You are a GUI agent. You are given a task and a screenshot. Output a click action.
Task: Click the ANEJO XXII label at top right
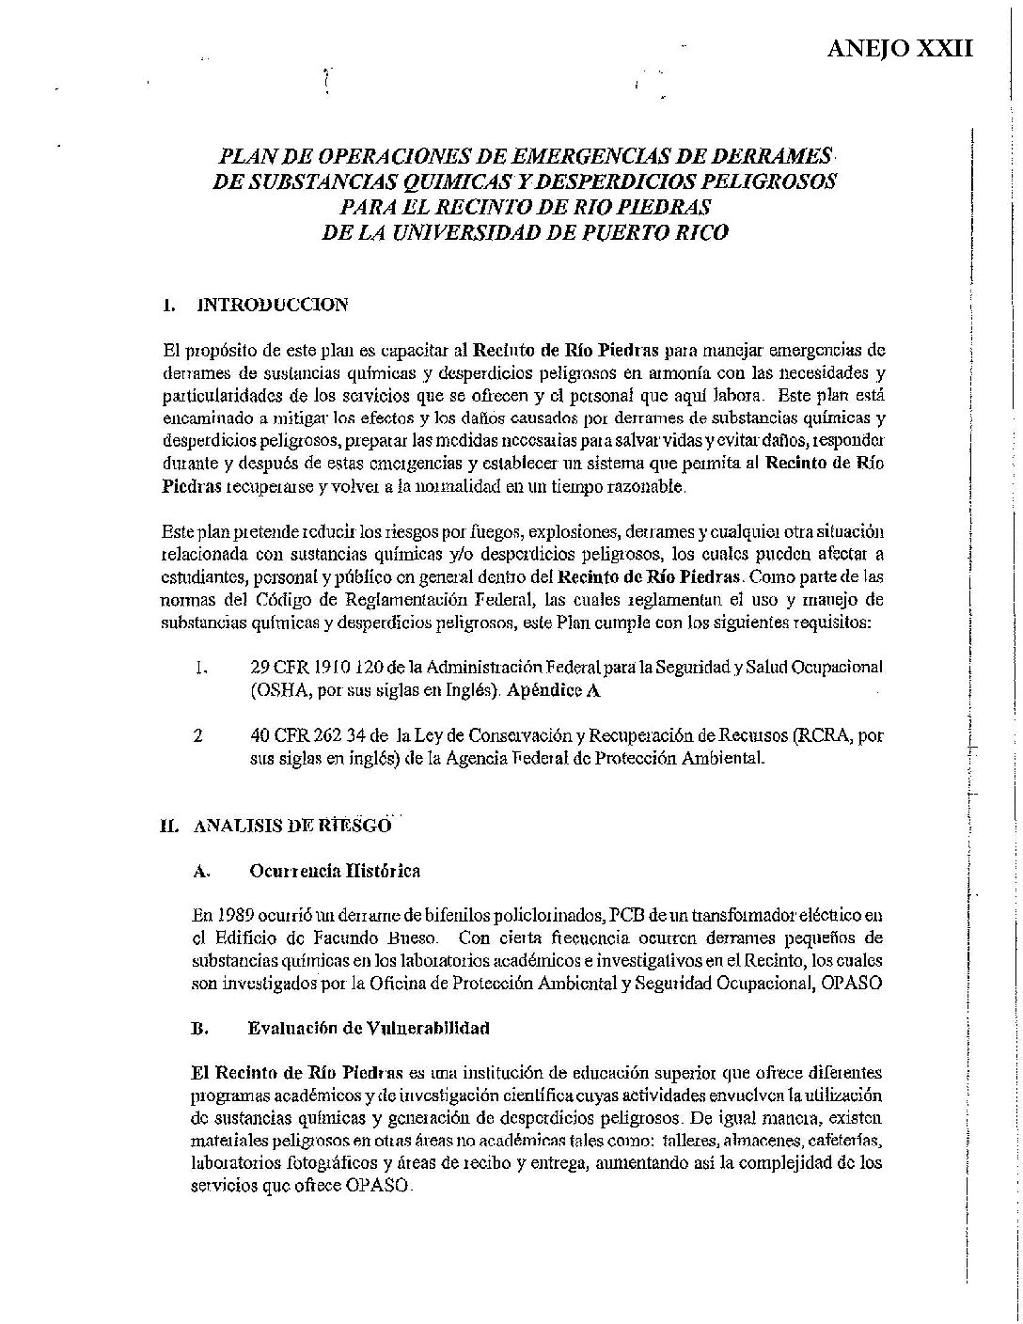[x=899, y=48]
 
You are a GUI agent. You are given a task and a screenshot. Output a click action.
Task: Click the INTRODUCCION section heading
[x=271, y=305]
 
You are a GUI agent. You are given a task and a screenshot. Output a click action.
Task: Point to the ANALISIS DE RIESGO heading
[x=291, y=827]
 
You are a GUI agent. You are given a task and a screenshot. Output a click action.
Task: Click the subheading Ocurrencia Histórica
[x=335, y=871]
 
